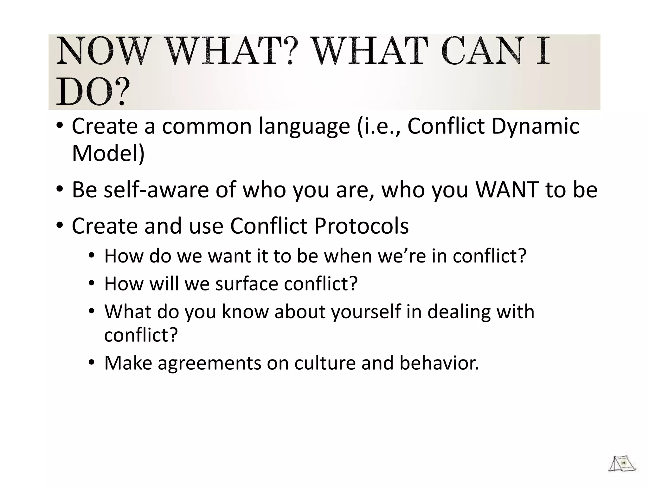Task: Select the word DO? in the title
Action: (x=93, y=92)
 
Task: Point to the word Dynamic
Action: (x=535, y=126)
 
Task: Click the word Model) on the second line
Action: (x=108, y=153)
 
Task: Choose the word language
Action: (x=304, y=126)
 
